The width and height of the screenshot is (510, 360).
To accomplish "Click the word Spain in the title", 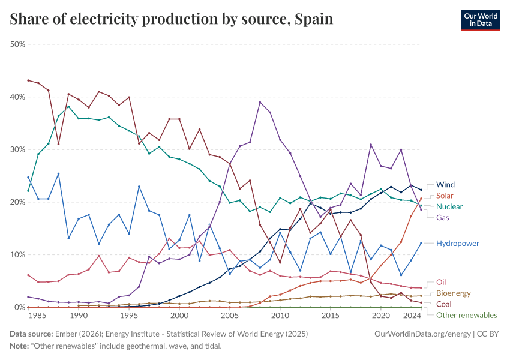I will [313, 19].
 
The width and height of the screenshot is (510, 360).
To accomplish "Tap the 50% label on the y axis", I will [17, 44].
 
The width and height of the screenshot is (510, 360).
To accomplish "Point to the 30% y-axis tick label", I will [17, 149].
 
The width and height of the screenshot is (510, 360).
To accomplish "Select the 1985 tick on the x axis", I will [38, 315].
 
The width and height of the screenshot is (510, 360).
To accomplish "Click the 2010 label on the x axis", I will [280, 315].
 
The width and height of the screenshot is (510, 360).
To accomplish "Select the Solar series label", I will [445, 196].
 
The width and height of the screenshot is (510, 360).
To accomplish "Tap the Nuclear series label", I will [449, 206].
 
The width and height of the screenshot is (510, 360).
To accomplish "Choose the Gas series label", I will [443, 217].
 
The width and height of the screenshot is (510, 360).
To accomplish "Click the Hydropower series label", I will [457, 244].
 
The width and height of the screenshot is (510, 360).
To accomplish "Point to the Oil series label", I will [441, 282].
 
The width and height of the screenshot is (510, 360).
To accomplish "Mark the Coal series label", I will [443, 304].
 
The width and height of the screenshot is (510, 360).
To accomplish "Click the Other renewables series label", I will [466, 315].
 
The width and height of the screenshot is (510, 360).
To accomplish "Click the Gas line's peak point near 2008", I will [260, 102].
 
